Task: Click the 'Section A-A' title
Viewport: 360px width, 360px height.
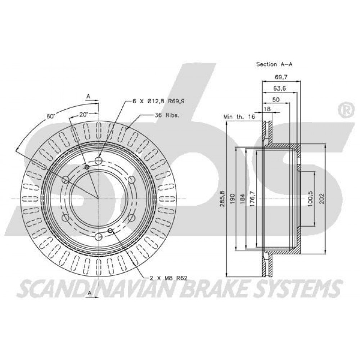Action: point(274,64)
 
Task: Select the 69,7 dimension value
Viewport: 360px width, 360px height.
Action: point(281,77)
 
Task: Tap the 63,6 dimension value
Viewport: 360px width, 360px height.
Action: point(279,89)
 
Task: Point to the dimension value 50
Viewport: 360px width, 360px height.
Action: point(276,99)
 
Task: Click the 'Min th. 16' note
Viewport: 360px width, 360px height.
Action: point(239,117)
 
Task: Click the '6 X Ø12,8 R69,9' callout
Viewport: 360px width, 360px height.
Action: point(159,101)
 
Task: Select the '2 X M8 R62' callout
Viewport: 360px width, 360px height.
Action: point(168,278)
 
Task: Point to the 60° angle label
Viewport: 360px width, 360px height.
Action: point(50,116)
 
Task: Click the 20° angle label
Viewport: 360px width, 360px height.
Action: point(84,114)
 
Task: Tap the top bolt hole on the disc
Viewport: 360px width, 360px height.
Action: point(99,160)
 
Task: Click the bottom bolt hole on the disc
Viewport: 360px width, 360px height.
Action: point(99,236)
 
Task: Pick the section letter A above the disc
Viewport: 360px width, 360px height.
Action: point(88,97)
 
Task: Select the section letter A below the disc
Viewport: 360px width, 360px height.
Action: point(90,293)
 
